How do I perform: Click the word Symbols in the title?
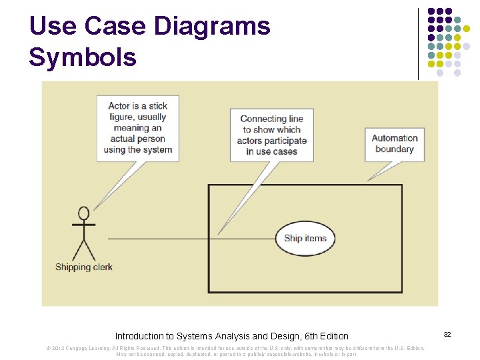tap(82, 57)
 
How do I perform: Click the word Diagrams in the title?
tap(211, 27)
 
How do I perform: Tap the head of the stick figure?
tap(84, 213)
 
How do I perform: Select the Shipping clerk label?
tap(84, 267)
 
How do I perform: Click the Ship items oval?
tap(305, 238)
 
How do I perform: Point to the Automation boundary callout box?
tap(395, 144)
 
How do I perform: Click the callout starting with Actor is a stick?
tap(138, 127)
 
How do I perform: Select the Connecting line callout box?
tap(271, 135)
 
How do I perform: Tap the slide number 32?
tap(447, 333)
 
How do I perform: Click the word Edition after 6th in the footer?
tap(333, 336)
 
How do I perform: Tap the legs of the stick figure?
tap(84, 249)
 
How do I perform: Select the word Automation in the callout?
tap(395, 139)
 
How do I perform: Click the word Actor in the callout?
tap(119, 106)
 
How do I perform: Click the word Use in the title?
tap(53, 27)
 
